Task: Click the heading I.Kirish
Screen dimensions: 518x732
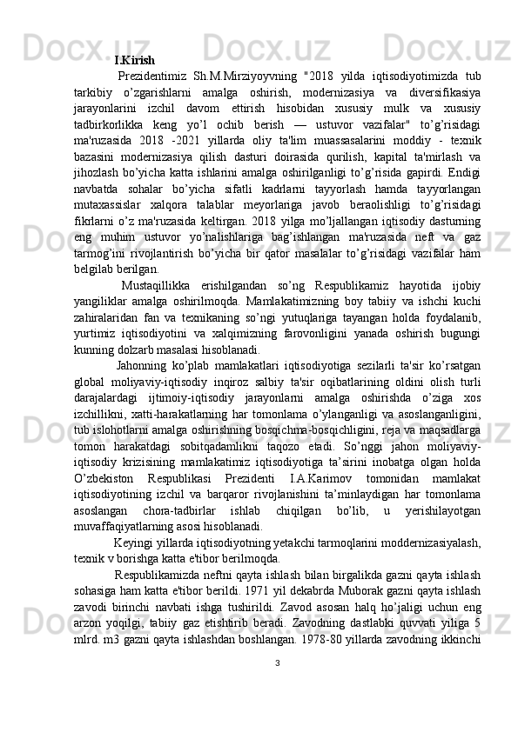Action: coord(134,61)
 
